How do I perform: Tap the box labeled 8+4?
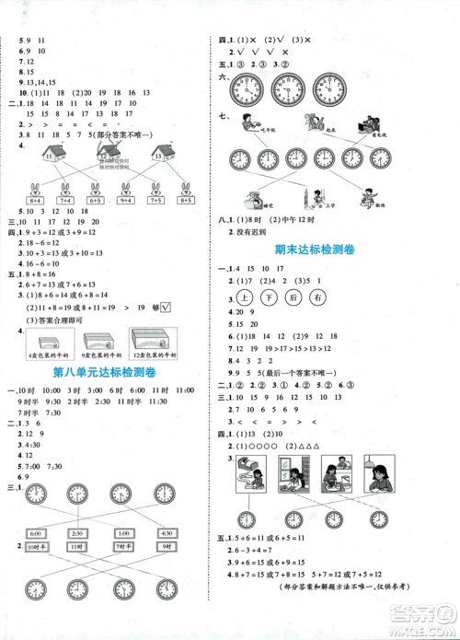point(36,200)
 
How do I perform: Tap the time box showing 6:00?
point(36,532)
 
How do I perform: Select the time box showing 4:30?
point(167,532)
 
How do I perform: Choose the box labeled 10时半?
point(36,545)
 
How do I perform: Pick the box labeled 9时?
point(167,545)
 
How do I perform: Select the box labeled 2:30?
point(79,532)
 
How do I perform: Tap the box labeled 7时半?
point(123,545)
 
